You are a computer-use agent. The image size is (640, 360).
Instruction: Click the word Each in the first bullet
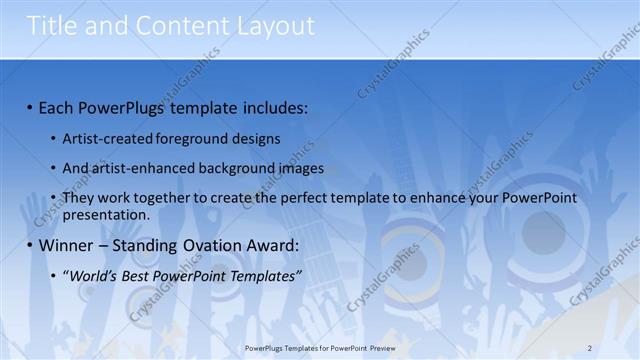pos(58,107)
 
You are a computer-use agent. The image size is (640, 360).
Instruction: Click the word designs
pos(256,138)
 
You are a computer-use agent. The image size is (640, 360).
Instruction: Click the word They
pos(79,199)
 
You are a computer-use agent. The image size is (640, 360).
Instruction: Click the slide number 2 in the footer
pos(590,347)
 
